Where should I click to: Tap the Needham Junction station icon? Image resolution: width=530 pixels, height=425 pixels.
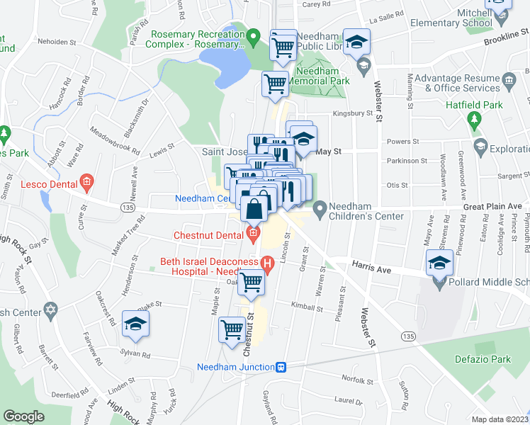coord(281,367)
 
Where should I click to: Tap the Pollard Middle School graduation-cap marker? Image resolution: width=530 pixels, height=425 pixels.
coord(439,263)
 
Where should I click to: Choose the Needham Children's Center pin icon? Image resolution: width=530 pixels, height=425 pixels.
coord(320,208)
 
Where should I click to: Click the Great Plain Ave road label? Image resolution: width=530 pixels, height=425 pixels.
coord(497,206)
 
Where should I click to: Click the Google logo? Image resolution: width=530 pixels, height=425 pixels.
coord(23,416)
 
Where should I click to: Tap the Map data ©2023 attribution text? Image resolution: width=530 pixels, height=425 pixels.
coord(499,419)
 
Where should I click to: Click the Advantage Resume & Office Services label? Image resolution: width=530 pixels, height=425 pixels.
coord(458,83)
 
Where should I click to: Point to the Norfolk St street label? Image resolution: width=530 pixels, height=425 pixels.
coord(356,379)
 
